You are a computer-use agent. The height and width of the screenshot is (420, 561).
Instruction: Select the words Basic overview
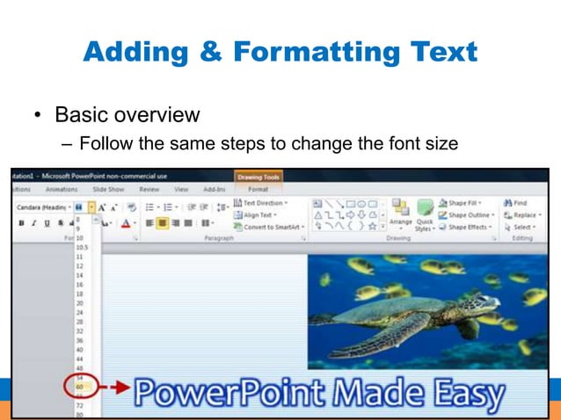click(127, 115)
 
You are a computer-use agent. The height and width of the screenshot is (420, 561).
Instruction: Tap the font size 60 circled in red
click(79, 387)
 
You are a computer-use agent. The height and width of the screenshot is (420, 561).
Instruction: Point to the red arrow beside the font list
click(111, 387)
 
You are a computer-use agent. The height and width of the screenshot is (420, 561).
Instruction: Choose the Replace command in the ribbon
click(524, 214)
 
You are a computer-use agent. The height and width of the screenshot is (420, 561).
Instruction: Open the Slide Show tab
click(108, 189)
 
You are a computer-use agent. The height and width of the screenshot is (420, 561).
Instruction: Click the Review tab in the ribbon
click(149, 189)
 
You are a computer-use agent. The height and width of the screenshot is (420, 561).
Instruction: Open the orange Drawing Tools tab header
click(259, 177)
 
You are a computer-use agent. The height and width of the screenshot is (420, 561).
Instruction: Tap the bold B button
click(20, 223)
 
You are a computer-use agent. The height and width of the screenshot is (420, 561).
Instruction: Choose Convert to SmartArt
click(269, 227)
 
